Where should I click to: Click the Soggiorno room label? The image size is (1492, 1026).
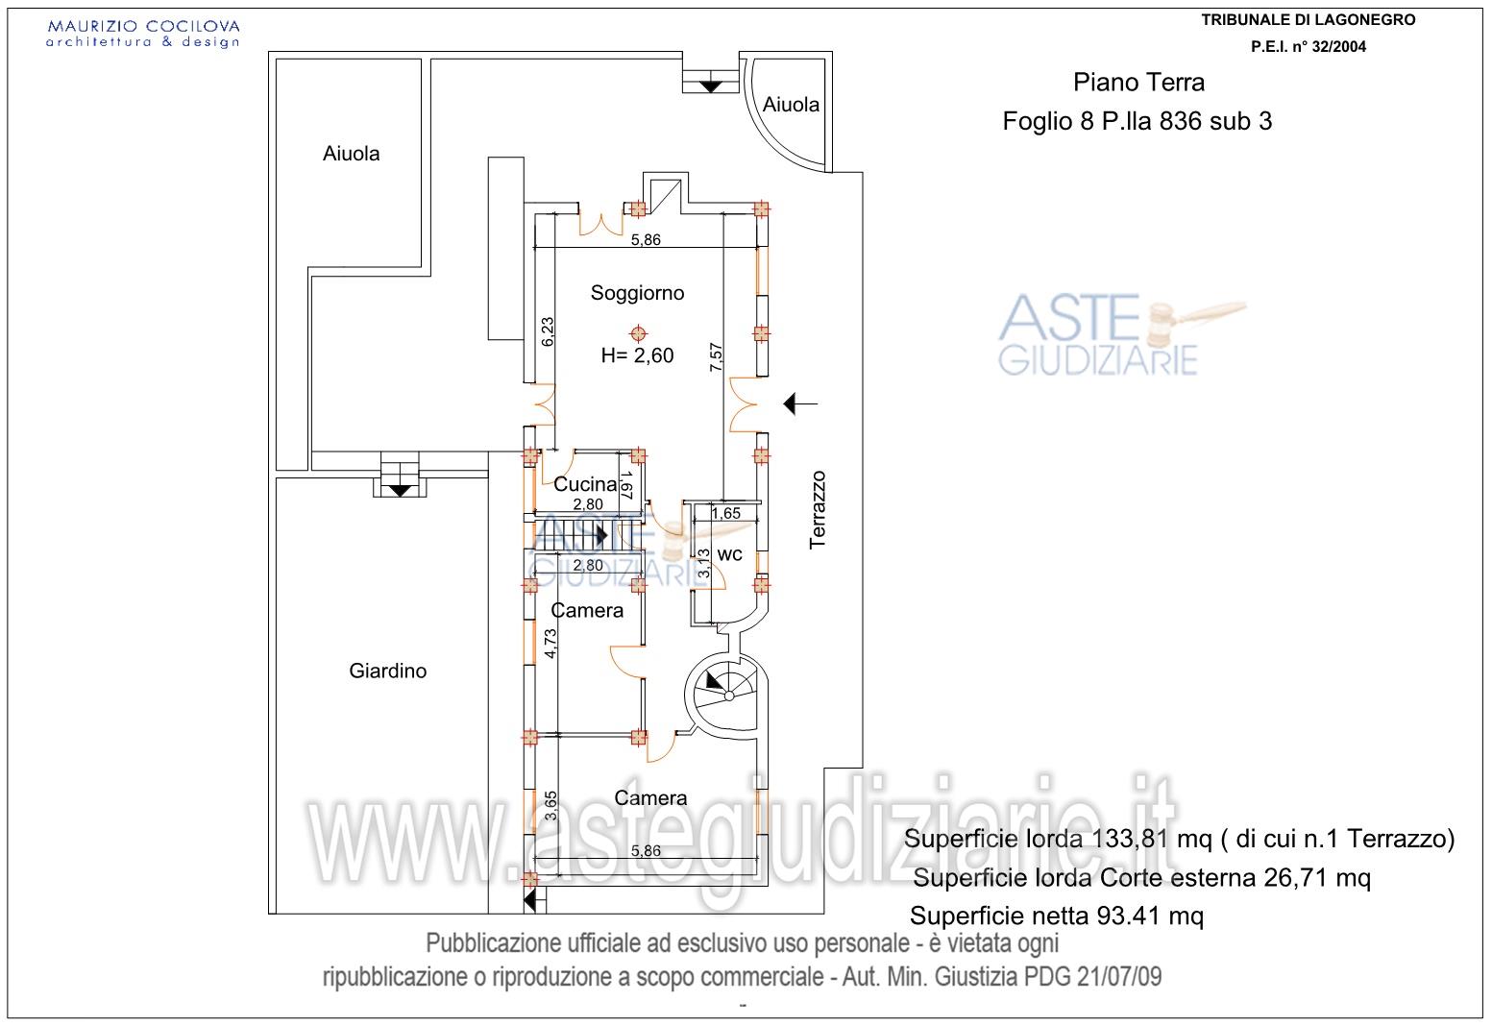tap(637, 294)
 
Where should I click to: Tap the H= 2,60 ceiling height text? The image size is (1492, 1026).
tap(637, 355)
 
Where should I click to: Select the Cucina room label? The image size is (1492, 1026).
tap(585, 483)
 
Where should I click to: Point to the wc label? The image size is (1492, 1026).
tap(729, 555)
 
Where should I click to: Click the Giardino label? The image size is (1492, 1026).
tap(388, 671)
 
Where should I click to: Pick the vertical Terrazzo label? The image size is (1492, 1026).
tap(818, 510)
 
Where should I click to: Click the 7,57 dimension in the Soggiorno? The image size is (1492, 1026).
tap(716, 357)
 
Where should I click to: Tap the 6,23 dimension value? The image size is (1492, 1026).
tap(547, 331)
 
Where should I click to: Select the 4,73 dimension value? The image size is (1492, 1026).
tap(550, 644)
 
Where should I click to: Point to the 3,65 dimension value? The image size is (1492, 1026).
tap(550, 805)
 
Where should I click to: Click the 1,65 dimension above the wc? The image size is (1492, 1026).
tap(725, 513)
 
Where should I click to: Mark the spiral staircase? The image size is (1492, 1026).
tap(726, 696)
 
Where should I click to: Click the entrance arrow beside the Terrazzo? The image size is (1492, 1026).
tap(800, 403)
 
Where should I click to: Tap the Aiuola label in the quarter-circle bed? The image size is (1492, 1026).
tap(791, 105)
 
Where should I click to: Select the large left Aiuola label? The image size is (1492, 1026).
tap(351, 154)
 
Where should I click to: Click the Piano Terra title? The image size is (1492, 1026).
tap(1138, 83)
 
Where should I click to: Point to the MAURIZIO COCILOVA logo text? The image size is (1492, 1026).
tap(143, 27)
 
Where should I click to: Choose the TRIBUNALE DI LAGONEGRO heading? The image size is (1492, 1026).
tap(1309, 20)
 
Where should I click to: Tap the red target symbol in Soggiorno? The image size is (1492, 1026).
tap(638, 333)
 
